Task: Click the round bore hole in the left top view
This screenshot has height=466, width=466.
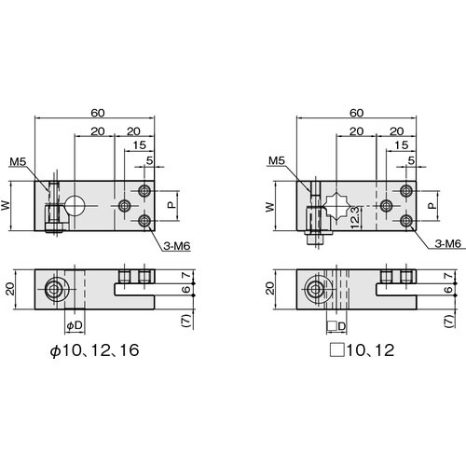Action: coord(75,206)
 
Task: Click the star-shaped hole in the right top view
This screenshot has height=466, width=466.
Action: coord(336,206)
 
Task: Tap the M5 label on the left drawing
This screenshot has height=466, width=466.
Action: coord(18,161)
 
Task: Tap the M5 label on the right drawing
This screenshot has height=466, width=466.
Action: coord(277,160)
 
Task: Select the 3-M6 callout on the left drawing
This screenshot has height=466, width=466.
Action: coord(177,246)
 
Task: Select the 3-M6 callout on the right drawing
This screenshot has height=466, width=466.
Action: coord(447,243)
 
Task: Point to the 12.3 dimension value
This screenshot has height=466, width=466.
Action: coord(355,217)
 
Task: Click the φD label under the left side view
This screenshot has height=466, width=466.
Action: coord(75,325)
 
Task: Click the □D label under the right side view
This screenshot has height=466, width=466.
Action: coord(336,326)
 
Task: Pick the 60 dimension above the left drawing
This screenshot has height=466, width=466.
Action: coord(98,113)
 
